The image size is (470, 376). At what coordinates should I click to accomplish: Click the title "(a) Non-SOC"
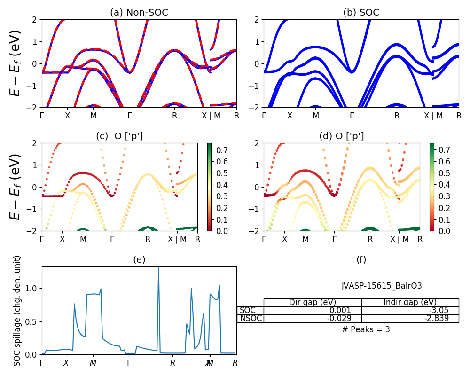pyautogui.click(x=139, y=13)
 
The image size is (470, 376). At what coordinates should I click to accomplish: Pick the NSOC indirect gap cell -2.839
pyautogui.click(x=436, y=318)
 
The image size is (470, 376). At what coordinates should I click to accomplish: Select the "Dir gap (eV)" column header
pyautogui.click(x=313, y=302)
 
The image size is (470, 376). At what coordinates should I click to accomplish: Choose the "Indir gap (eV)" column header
pyautogui.click(x=410, y=302)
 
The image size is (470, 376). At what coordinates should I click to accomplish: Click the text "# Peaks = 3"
pyautogui.click(x=366, y=329)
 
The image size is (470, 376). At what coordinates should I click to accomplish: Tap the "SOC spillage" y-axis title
pyautogui.click(x=17, y=311)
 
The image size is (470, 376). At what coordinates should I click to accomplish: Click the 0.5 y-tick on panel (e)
pyautogui.click(x=33, y=322)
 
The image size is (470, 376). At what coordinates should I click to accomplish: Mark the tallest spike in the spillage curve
pyautogui.click(x=158, y=268)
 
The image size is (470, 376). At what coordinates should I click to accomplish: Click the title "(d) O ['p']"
pyautogui.click(x=342, y=136)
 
